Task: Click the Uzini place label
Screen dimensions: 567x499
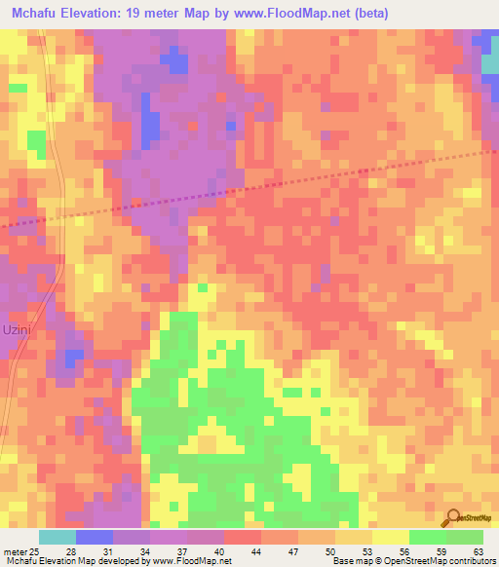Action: (19, 329)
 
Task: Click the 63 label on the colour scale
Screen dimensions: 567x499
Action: (477, 550)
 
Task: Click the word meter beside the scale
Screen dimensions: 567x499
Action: (14, 550)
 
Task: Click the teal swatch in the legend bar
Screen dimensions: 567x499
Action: (58, 537)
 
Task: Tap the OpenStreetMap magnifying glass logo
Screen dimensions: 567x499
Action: (453, 517)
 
